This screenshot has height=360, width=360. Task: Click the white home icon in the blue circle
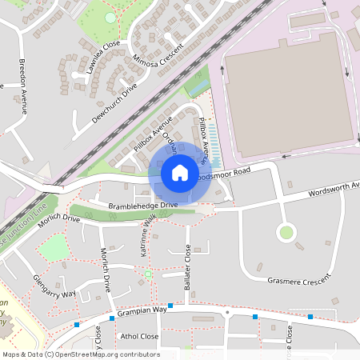180,173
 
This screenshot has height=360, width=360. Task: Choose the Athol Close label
138,337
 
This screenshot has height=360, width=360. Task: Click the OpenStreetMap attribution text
80,354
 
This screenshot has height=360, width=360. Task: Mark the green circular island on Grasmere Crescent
286,233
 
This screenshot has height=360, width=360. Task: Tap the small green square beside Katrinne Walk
148,274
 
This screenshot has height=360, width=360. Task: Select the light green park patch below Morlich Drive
54,249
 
